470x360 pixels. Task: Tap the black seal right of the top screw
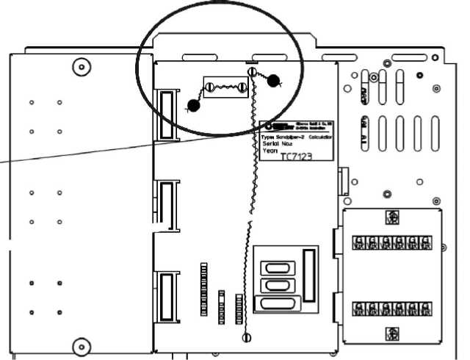274,81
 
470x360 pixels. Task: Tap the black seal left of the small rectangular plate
193,106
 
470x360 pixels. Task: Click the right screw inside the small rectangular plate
242,88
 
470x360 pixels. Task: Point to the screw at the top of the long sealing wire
253,72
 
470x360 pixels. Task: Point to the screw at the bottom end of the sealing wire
246,336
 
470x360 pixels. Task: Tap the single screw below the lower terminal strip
393,332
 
